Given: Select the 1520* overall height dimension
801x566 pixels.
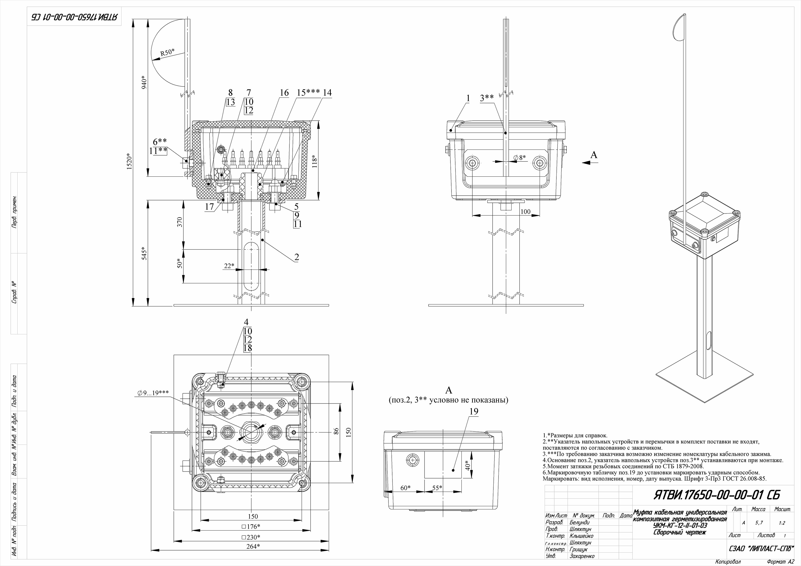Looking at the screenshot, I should tap(129, 161).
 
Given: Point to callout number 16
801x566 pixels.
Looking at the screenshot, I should tap(284, 93).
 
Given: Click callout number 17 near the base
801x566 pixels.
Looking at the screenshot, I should tap(209, 207).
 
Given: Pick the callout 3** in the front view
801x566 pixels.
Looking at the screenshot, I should tap(487, 98).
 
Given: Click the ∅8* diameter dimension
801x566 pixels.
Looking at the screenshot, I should tap(520, 158).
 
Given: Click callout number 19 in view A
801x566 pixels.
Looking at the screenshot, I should tap(473, 411).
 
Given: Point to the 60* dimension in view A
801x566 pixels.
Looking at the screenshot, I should tap(405, 488).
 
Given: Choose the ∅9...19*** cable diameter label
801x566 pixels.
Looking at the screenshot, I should tap(154, 393).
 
